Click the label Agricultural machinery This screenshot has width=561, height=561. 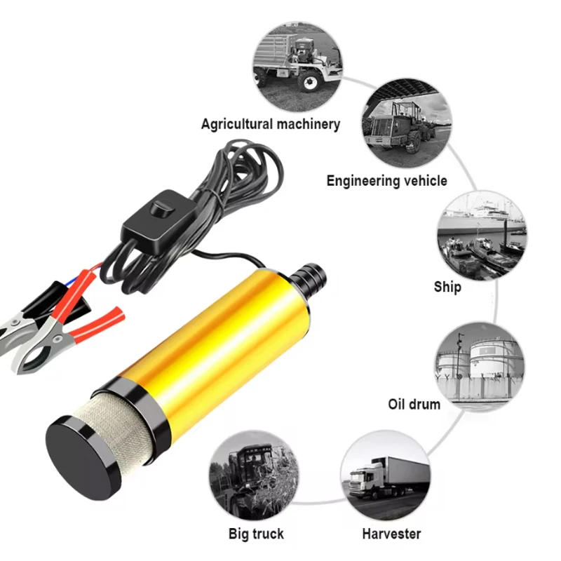pos(270,124)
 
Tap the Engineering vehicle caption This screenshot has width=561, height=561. pos(386,181)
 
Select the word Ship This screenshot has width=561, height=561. pos(447,287)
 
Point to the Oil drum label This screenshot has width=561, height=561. pos(414,404)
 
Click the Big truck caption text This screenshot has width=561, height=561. pos(256,534)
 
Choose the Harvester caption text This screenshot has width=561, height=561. pos(391,534)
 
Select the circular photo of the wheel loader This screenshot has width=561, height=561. pos(405,124)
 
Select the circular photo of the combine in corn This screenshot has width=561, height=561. pos(254,477)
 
